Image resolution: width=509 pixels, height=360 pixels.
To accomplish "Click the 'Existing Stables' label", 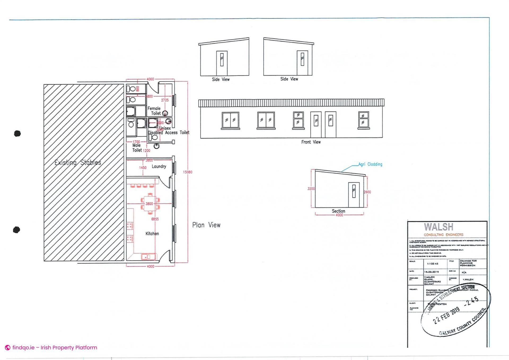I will click(78, 162).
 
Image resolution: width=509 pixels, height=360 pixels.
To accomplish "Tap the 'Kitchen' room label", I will click(152, 234).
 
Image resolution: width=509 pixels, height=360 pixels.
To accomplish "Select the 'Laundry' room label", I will click(159, 166).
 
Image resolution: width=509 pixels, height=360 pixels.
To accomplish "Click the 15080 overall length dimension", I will click(187, 172).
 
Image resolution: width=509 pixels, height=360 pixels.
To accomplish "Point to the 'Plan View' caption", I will click(206, 225).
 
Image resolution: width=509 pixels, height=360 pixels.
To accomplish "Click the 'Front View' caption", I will click(311, 142).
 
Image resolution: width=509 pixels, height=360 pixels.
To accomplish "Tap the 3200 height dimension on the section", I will click(311, 189).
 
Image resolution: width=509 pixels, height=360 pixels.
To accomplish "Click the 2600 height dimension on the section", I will click(367, 192).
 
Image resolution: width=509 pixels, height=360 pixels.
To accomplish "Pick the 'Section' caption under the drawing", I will click(338, 211).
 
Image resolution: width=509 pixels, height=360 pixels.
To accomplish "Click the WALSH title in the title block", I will click(438, 227).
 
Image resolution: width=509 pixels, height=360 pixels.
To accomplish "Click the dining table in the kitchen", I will click(150, 204).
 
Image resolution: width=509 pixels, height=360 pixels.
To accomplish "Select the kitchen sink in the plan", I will click(146, 257).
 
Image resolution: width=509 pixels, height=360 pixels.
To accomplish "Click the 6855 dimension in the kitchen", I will click(155, 219).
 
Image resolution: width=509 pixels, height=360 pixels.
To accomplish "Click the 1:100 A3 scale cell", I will click(432, 264).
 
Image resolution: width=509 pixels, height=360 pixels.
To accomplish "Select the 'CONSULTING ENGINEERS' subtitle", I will click(443, 235).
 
